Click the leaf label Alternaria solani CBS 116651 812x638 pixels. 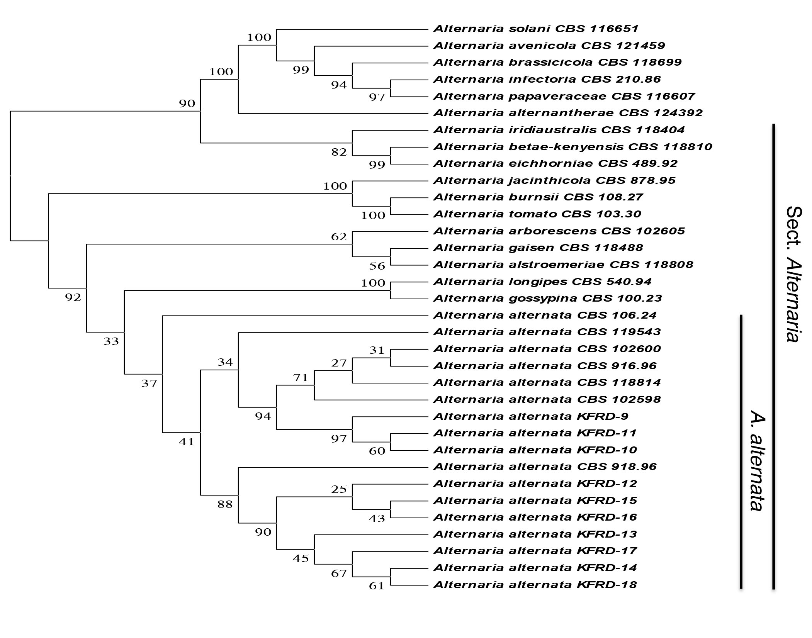(535, 29)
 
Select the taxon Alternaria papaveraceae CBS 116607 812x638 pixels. (564, 96)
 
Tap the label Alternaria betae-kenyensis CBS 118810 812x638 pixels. (572, 147)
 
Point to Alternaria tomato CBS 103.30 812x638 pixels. (537, 214)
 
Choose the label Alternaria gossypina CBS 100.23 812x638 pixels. (547, 298)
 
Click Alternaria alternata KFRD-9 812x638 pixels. (531, 416)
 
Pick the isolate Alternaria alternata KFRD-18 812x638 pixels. (535, 585)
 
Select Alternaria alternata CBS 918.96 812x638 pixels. (545, 467)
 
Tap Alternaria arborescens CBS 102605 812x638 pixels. (559, 231)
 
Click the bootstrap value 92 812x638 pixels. (73, 297)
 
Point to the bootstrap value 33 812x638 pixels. (111, 341)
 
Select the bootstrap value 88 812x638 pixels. (225, 504)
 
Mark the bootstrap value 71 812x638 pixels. (301, 378)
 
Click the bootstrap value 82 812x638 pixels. (339, 152)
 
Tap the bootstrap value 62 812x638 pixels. (339, 236)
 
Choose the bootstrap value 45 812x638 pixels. (301, 558)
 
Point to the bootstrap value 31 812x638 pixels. (377, 350)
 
